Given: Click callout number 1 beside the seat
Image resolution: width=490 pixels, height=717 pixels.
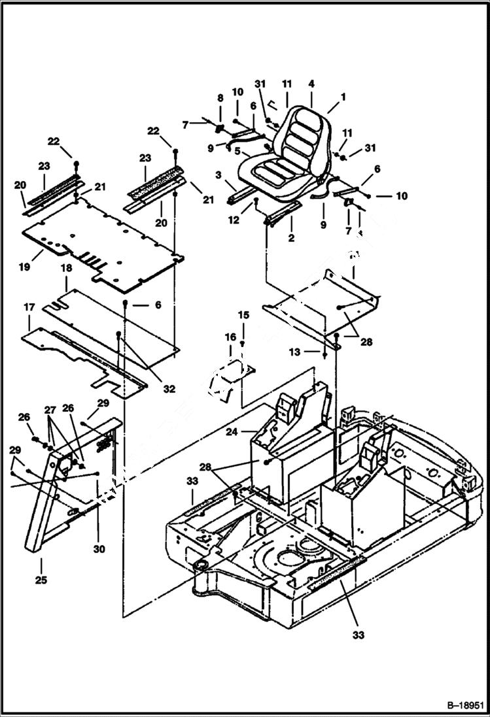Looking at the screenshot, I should (x=343, y=96).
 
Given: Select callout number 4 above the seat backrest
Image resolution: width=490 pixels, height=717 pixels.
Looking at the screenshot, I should (x=311, y=84).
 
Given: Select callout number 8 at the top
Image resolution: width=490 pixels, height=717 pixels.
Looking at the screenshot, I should (x=220, y=97).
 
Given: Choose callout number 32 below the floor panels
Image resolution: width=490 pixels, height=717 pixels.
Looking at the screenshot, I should (x=169, y=389).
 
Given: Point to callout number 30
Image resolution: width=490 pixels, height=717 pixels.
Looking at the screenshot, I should (x=98, y=549).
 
